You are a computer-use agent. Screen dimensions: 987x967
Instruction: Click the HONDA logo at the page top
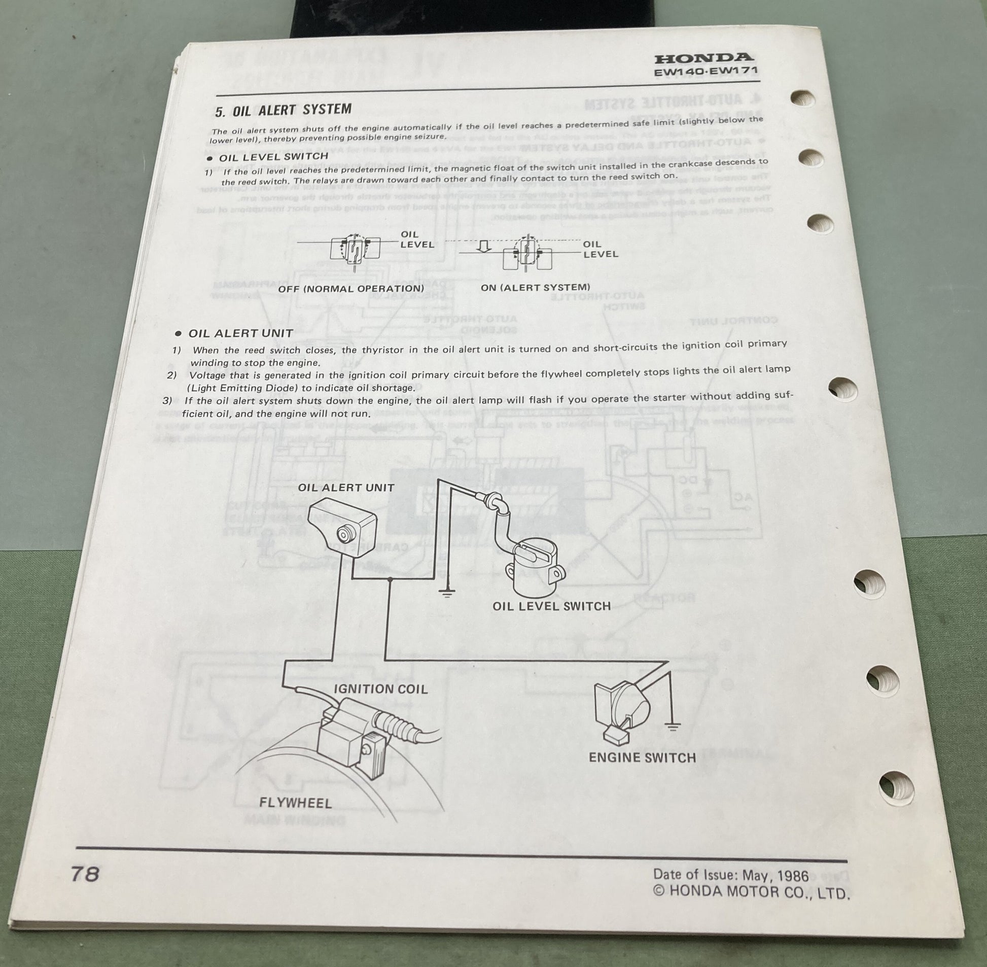click(702, 58)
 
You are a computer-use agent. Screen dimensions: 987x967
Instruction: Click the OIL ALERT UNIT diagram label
click(346, 488)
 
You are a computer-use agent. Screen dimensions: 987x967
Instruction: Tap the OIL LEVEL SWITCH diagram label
click(551, 606)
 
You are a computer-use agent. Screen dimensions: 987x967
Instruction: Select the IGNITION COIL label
click(380, 689)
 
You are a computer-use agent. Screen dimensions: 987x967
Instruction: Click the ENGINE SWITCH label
click(642, 758)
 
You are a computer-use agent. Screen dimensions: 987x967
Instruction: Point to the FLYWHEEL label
click(296, 803)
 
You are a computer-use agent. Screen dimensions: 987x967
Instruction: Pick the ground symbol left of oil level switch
click(447, 593)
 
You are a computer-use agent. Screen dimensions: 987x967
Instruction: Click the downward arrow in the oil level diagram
click(484, 247)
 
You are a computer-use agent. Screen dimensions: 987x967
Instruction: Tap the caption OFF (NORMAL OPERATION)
click(351, 289)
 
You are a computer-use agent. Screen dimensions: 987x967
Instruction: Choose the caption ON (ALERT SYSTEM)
click(535, 288)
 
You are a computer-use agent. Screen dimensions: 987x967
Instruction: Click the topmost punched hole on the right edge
click(803, 98)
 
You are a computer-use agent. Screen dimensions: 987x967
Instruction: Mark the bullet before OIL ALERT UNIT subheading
click(178, 334)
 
